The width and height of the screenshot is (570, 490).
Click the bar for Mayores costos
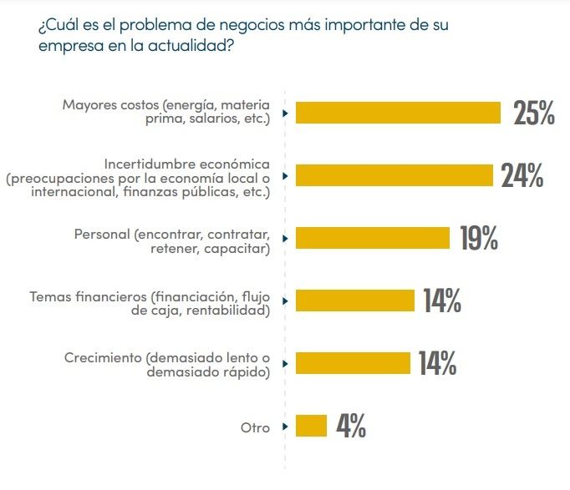(399, 113)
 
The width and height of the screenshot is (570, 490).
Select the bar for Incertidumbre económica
(394, 175)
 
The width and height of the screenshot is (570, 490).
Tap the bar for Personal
(373, 238)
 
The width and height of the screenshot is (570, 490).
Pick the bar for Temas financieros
(355, 300)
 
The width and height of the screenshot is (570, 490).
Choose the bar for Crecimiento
(354, 363)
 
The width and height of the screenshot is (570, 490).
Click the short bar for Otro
(311, 426)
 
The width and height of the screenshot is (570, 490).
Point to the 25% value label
(534, 114)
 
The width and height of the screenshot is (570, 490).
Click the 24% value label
(522, 176)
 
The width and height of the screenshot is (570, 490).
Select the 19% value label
(479, 239)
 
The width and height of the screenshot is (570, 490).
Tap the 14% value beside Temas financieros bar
(442, 301)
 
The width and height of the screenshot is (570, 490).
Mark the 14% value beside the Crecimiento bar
(437, 364)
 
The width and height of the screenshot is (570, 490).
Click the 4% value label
(351, 427)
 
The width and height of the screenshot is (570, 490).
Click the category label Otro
(256, 427)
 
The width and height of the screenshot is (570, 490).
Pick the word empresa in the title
(67, 47)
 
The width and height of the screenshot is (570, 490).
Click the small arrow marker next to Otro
(285, 427)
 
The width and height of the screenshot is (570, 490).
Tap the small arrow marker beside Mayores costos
(285, 113)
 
